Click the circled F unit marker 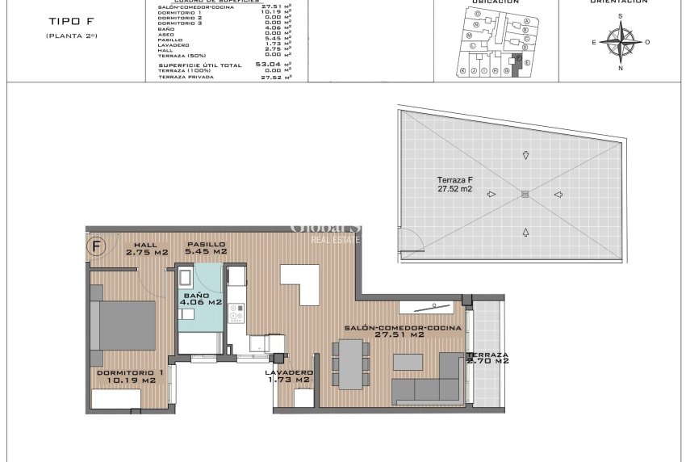96,246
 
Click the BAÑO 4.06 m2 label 201,299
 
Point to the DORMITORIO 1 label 126,376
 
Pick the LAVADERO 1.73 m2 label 289,376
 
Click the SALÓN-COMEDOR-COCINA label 403,331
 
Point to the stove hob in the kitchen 237,309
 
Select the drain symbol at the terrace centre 525,193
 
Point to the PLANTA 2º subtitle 72,36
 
